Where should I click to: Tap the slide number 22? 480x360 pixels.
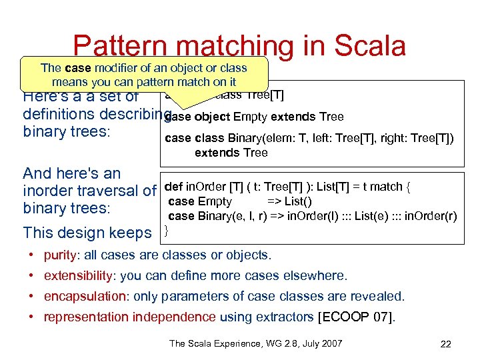446,344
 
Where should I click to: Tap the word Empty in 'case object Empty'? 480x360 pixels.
249,117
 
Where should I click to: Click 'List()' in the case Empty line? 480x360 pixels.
298,201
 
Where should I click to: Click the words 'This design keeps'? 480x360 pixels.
87,233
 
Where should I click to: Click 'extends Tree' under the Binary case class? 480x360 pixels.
231,153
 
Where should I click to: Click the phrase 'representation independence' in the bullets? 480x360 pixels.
129,317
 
